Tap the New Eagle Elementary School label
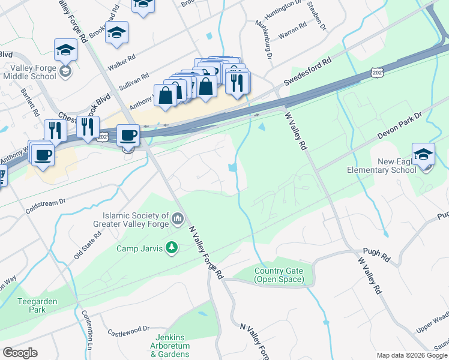(x=381, y=166)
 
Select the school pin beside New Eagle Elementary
(x=423, y=155)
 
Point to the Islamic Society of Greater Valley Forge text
(x=135, y=220)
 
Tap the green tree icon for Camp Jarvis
(x=172, y=248)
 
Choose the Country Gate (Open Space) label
(x=279, y=275)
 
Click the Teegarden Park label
(x=32, y=305)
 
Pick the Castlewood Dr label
(x=128, y=330)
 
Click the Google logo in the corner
(x=20, y=353)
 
